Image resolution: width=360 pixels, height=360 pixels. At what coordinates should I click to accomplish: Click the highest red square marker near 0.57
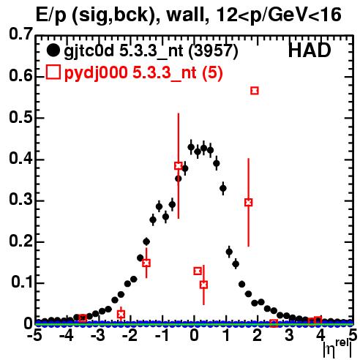255,91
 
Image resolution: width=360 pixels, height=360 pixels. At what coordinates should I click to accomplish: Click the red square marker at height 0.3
248,202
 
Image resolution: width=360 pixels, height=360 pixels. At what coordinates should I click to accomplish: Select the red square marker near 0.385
179,166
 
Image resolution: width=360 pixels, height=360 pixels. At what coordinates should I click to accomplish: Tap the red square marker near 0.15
146,263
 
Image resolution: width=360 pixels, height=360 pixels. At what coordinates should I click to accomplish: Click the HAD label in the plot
310,50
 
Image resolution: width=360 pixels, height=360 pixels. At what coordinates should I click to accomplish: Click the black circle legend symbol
53,50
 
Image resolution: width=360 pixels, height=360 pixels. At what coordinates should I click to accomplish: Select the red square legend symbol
53,72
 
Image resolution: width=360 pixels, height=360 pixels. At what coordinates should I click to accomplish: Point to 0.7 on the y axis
20,34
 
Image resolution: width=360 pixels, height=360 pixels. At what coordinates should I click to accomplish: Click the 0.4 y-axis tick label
20,158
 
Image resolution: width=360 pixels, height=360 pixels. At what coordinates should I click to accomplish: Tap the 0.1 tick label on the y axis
21,282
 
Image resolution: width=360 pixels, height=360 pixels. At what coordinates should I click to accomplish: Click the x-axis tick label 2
257,335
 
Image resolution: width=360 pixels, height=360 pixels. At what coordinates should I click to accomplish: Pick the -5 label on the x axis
35,335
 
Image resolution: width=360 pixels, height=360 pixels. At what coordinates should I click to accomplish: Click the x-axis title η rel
337,349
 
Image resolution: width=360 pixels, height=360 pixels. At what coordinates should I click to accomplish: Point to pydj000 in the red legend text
96,72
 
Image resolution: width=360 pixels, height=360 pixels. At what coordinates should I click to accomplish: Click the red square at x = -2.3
121,315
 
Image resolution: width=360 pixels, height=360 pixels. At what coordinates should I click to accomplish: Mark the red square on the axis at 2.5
274,323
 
